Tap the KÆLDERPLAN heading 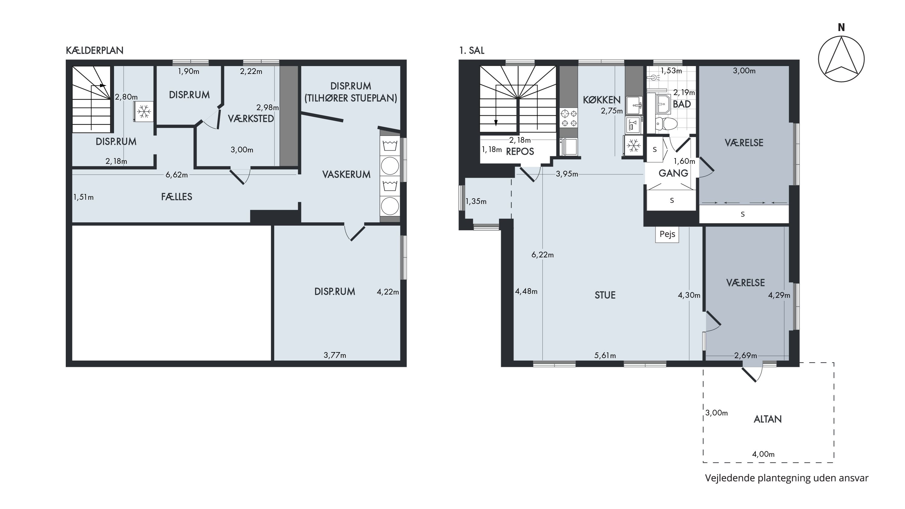94,51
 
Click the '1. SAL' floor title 472,51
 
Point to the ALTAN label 768,419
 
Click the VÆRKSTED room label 251,119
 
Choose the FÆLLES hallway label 177,197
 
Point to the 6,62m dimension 177,175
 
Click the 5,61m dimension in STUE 605,355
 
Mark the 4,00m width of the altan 763,454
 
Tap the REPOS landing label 520,151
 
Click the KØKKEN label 602,100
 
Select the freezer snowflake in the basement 144,112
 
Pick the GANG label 673,173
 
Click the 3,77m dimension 335,355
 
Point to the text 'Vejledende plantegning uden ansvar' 787,478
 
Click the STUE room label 605,295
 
